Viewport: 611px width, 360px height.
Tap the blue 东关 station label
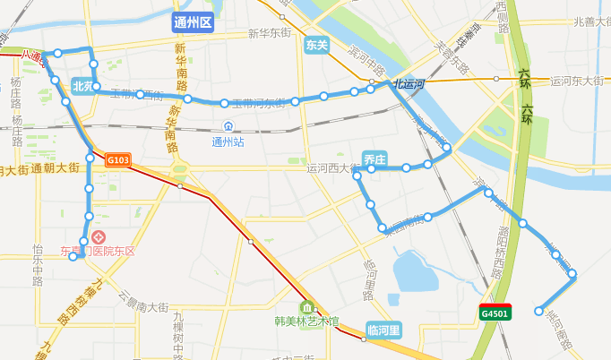pyautogui.click(x=316, y=44)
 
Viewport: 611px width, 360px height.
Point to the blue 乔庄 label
pyautogui.click(x=374, y=159)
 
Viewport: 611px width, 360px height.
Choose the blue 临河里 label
pyautogui.click(x=383, y=330)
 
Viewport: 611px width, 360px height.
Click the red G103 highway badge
pyautogui.click(x=118, y=160)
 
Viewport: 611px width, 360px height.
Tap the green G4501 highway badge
pyautogui.click(x=495, y=313)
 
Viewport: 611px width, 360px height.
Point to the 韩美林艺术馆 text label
pyautogui.click(x=307, y=321)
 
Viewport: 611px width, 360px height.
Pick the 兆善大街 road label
pyautogui.click(x=591, y=21)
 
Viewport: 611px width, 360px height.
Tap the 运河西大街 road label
pyautogui.click(x=331, y=167)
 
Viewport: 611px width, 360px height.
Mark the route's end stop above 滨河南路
pyautogui.click(x=538, y=312)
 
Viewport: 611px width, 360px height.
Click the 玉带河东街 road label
pyautogui.click(x=259, y=103)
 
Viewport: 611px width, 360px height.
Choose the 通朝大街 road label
pyautogui.click(x=56, y=167)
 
